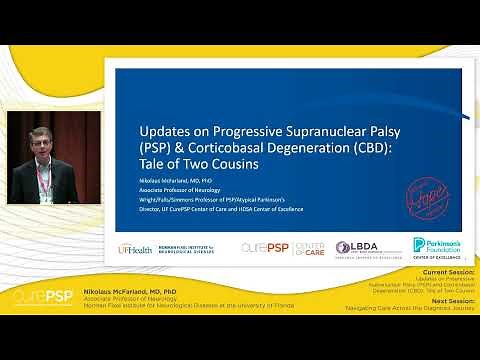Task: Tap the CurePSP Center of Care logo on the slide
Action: pos(283,247)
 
